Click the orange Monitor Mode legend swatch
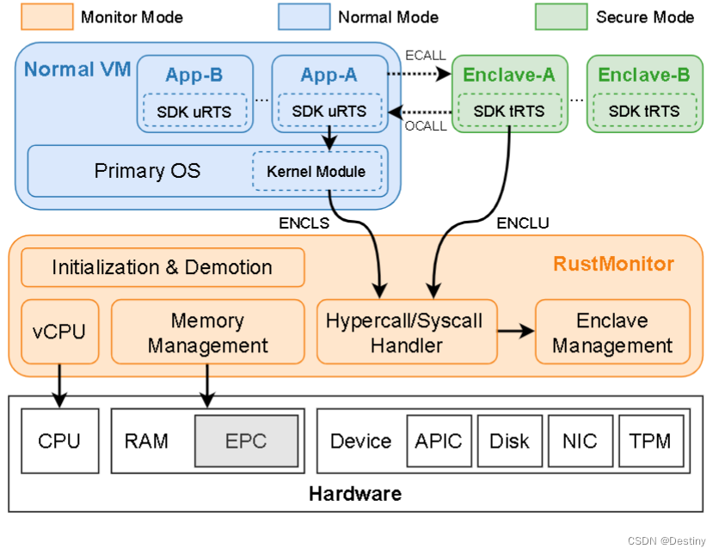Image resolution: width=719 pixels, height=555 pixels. click(47, 15)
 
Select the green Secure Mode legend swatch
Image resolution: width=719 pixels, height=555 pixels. click(561, 15)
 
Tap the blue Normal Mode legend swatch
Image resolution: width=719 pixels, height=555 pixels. click(304, 15)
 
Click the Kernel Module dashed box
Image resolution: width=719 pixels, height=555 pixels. click(316, 171)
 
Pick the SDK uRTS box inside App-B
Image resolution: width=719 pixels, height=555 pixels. click(194, 111)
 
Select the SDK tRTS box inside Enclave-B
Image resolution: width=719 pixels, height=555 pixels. click(643, 111)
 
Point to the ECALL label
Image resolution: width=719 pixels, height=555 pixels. click(425, 56)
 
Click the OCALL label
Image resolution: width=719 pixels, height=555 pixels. click(425, 126)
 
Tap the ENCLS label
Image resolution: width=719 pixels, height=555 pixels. click(304, 223)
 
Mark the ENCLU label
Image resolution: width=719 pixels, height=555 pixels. click(523, 223)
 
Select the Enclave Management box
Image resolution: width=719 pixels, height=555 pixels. click(611, 332)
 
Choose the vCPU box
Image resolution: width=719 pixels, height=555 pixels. click(59, 331)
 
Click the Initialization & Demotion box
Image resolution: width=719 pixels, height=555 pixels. click(163, 267)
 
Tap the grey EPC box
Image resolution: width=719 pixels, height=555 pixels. click(246, 442)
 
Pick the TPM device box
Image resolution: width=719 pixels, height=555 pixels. click(650, 442)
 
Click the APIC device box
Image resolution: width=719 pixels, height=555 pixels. click(438, 442)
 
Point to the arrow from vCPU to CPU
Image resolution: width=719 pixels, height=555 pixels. click(59, 384)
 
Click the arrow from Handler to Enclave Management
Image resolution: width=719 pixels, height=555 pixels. click(515, 329)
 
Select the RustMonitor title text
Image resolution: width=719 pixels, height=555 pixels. click(613, 264)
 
